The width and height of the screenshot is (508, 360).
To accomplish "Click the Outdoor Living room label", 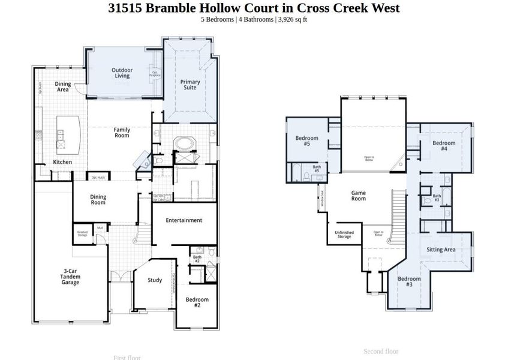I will tap(122, 73).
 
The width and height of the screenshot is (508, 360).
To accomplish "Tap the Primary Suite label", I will tap(190, 85).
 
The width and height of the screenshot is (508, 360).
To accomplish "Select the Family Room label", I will tap(122, 133).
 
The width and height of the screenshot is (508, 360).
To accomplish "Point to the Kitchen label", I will tap(62, 162).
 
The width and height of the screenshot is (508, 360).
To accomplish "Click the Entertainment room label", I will tap(184, 220).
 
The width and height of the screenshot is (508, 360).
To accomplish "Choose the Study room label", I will tap(155, 280).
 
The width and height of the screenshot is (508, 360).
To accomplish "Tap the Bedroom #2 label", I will tap(197, 302).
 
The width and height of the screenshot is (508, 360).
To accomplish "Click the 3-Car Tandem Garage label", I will tap(70, 277).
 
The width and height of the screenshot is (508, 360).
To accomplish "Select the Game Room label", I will tap(358, 196).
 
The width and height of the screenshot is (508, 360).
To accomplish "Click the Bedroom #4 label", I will tap(444, 146).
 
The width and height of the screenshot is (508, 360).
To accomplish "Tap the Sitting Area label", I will tap(441, 250).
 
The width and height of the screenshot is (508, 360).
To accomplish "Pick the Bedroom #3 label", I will tap(409, 281).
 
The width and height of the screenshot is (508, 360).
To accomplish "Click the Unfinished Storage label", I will tap(344, 235).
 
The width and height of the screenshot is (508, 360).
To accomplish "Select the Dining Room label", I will tap(98, 200).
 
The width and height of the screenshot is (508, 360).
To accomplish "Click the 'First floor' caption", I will tap(127, 358).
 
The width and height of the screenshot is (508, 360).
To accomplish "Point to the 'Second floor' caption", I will tap(381, 351).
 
